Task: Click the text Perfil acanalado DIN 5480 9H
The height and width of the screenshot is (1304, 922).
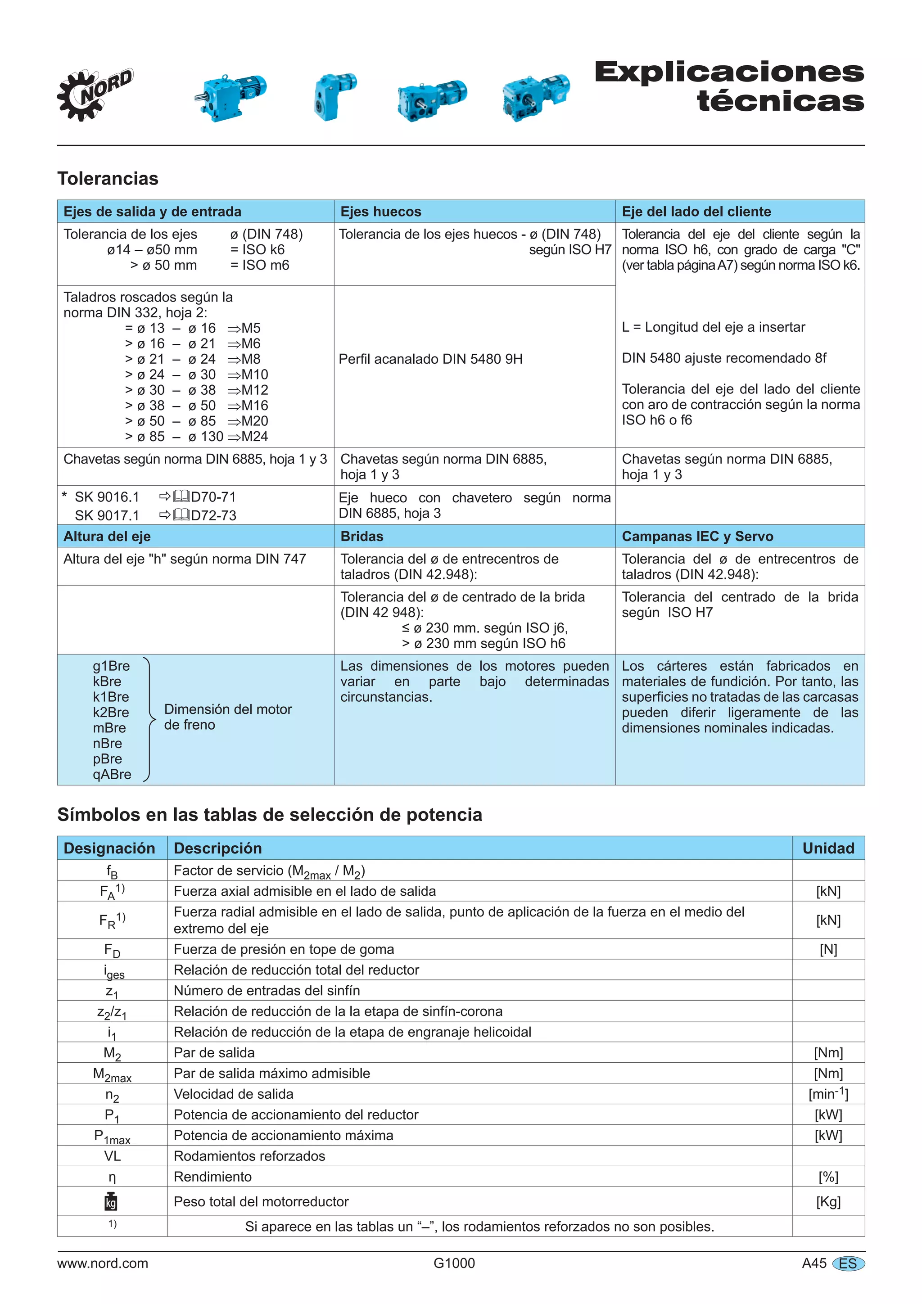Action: pyautogui.click(x=430, y=359)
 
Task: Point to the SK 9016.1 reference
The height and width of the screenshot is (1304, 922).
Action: pyautogui.click(x=107, y=497)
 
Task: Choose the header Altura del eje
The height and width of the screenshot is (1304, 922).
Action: pyautogui.click(x=107, y=536)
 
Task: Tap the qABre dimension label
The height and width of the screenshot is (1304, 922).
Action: pyautogui.click(x=112, y=774)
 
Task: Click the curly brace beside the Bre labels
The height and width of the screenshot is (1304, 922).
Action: pyautogui.click(x=149, y=719)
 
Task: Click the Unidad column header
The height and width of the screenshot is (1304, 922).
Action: pyautogui.click(x=828, y=848)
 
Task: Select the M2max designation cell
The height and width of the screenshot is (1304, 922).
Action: pyautogui.click(x=112, y=1074)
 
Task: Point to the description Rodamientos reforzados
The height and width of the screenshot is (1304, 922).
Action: pyautogui.click(x=249, y=1156)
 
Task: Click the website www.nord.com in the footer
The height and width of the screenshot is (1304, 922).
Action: pyautogui.click(x=102, y=1263)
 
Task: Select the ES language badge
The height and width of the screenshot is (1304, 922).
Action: pyautogui.click(x=848, y=1263)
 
